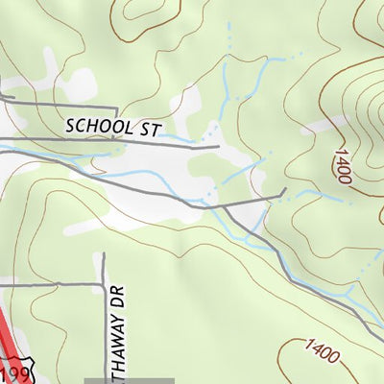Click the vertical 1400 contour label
pos(341,164)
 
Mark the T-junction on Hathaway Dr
pos(103,284)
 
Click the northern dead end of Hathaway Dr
pos(103,254)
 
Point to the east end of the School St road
pos(219,147)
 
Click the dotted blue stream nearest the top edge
pos(230,34)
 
